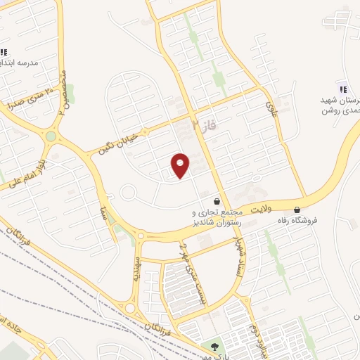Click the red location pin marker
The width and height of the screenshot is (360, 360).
tap(181, 165)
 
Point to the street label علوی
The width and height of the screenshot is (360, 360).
tap(271, 108)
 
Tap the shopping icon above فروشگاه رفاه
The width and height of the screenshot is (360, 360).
tap(297, 210)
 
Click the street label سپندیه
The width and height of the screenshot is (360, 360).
tap(136, 265)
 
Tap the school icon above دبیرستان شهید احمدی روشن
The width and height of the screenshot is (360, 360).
tap(343, 89)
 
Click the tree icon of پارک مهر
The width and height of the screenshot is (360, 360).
tap(214, 346)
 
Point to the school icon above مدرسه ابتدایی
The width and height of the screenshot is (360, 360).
tap(4, 52)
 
